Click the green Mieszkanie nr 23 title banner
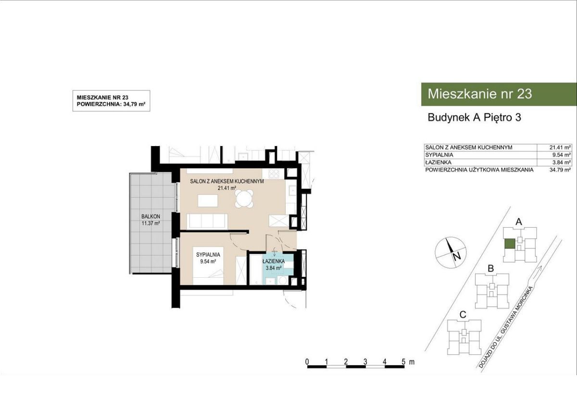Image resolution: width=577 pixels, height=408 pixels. pyautogui.click(x=499, y=94)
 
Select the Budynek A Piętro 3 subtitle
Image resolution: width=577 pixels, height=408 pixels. pyautogui.click(x=474, y=118)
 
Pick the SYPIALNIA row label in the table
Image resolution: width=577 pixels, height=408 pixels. pyautogui.click(x=439, y=155)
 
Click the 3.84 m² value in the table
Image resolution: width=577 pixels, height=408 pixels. pyautogui.click(x=561, y=162)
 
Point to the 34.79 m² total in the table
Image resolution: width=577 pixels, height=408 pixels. pyautogui.click(x=560, y=170)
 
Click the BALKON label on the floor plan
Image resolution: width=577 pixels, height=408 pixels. pyautogui.click(x=151, y=216)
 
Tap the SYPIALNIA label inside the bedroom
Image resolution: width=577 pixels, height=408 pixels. pyautogui.click(x=208, y=255)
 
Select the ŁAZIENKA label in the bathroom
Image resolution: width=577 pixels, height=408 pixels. pyautogui.click(x=274, y=261)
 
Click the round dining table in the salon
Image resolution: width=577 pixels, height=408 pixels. pyautogui.click(x=244, y=198)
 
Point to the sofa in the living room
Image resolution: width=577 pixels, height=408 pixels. pyautogui.click(x=207, y=221)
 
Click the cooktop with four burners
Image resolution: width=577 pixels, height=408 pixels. pyautogui.click(x=274, y=174)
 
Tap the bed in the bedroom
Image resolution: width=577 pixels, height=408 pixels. pyautogui.click(x=208, y=266)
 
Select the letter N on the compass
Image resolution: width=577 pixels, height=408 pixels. pyautogui.click(x=457, y=257)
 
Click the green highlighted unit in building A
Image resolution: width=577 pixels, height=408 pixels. pyautogui.click(x=510, y=244)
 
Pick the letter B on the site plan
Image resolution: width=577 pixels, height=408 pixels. pyautogui.click(x=491, y=269)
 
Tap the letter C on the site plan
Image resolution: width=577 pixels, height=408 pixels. pyautogui.click(x=463, y=315)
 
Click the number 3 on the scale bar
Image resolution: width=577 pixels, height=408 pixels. pyautogui.click(x=365, y=362)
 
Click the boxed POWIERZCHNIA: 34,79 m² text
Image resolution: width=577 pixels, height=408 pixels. pyautogui.click(x=111, y=104)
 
